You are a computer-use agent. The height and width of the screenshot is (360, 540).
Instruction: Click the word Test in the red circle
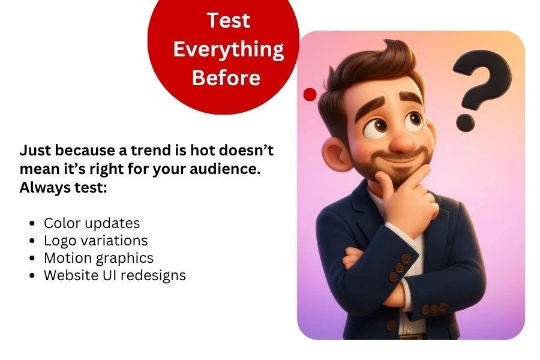229,20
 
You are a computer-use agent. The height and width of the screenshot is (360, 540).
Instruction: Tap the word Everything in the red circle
229,50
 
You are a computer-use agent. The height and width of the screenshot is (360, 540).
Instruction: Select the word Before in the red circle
226,77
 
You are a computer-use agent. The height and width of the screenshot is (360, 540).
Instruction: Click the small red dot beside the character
310,94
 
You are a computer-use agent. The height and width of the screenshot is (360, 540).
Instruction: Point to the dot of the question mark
465,123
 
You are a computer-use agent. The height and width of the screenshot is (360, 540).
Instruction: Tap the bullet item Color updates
92,223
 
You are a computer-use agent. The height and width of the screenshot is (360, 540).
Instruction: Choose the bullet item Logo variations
96,241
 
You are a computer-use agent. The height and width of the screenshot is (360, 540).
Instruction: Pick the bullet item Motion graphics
98,258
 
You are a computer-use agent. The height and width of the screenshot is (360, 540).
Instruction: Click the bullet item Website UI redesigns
115,275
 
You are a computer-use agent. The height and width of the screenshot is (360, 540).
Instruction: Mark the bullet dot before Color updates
32,223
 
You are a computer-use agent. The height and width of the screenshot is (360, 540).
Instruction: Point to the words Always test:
63,188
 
